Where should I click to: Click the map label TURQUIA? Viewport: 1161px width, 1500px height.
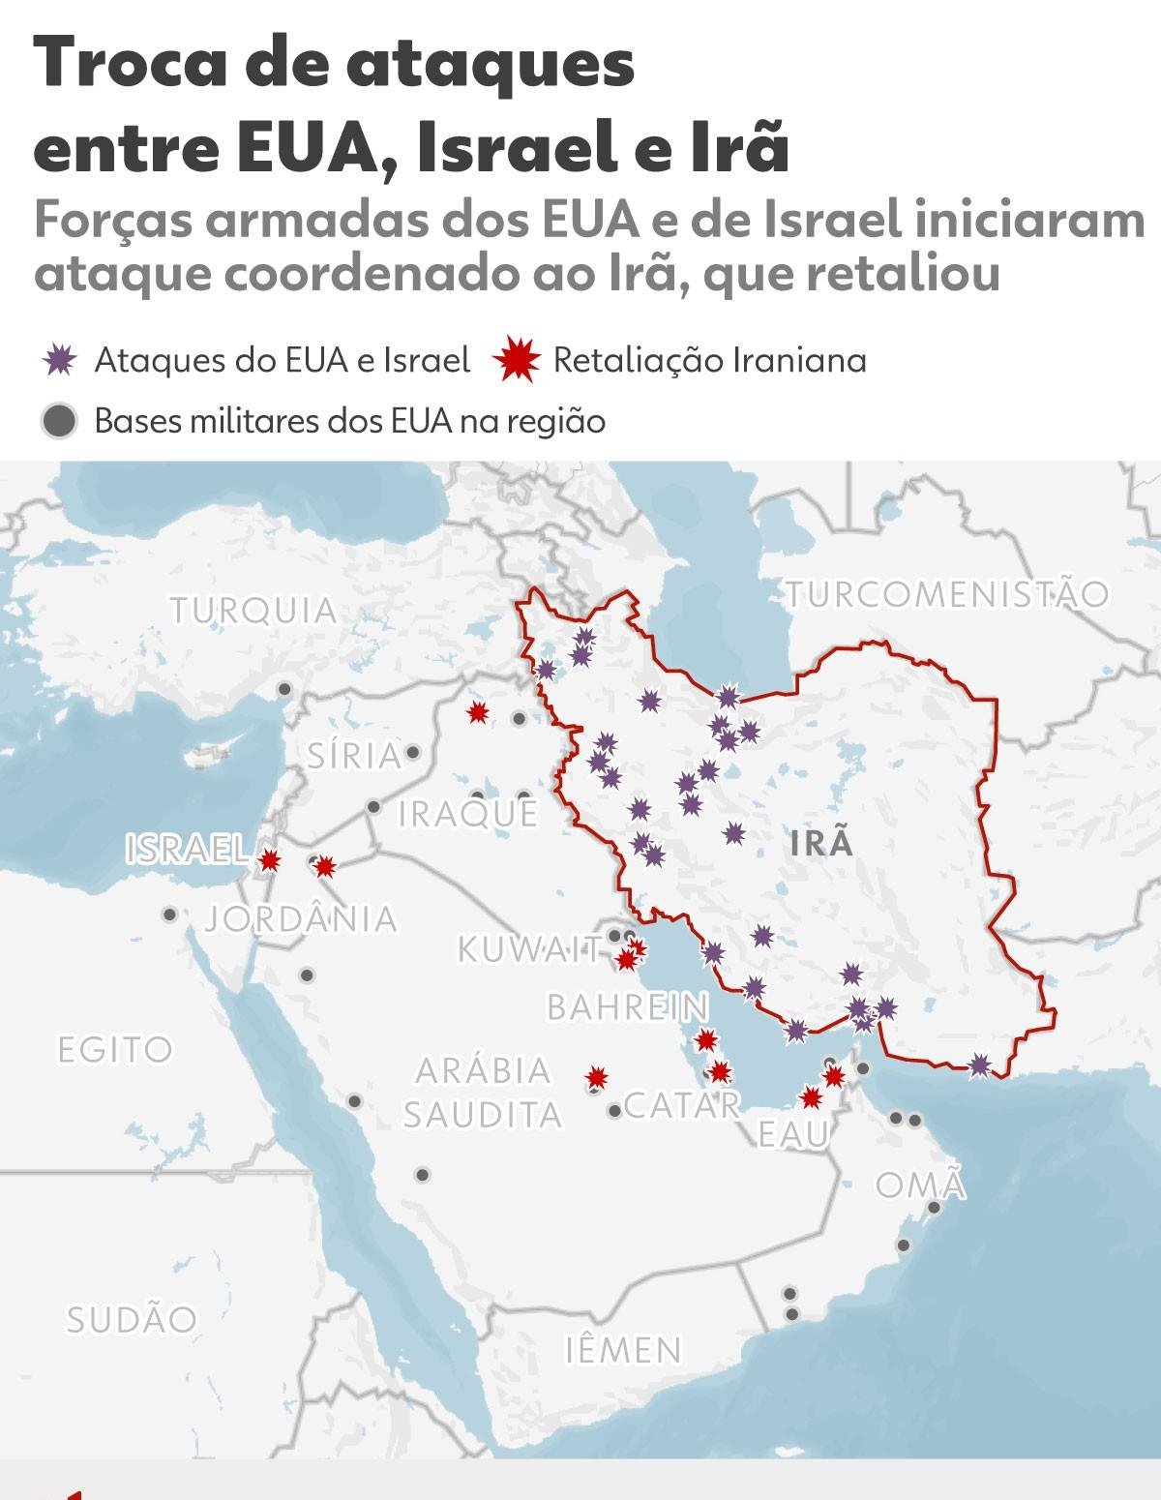tap(253, 611)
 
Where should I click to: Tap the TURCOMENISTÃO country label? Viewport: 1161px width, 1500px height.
tap(946, 593)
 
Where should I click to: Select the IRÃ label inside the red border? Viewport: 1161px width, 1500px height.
tap(821, 843)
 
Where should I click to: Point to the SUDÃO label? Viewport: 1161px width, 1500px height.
tap(132, 1319)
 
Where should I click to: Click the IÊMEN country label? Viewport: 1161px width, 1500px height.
tap(624, 1349)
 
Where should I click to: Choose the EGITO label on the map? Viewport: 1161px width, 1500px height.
tap(115, 1049)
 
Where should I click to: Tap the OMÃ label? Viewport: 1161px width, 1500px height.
tap(921, 1185)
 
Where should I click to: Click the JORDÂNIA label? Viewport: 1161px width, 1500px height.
tap(301, 918)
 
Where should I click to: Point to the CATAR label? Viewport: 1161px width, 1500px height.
tap(682, 1104)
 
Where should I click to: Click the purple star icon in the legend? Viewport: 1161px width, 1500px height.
tap(60, 361)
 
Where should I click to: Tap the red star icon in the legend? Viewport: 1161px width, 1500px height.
tap(516, 361)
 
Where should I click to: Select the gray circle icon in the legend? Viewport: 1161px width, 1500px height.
tap(60, 422)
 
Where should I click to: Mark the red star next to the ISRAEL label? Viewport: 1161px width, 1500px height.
tap(270, 859)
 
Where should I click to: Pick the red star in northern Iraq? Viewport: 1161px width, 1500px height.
tap(477, 713)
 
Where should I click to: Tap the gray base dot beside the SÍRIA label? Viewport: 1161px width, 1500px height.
tap(413, 752)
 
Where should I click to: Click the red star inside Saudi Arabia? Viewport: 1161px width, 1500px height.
tap(597, 1077)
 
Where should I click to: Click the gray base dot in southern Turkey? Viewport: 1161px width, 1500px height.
tap(284, 689)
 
